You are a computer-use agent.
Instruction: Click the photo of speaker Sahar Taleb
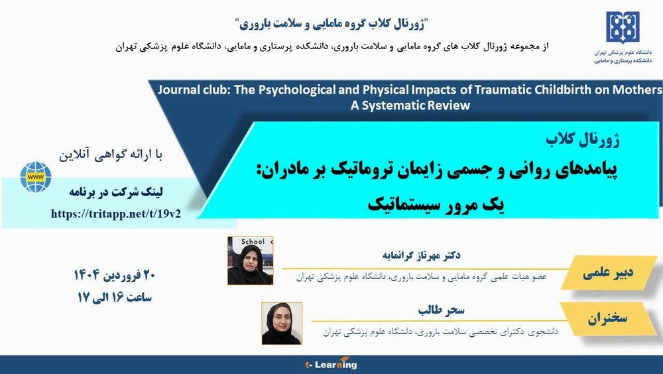(282, 324)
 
